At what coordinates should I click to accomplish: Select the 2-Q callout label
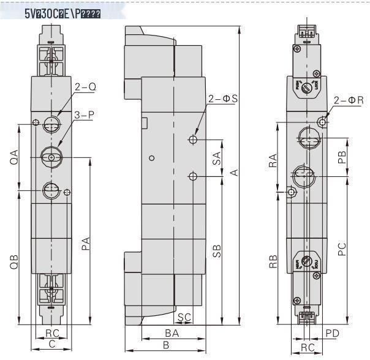point(85,87)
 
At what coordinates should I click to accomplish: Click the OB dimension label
point(13,261)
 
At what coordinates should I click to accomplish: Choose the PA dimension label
point(86,244)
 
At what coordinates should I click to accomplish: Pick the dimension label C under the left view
point(52,345)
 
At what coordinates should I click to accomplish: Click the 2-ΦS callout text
point(222,99)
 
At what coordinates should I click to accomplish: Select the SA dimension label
point(216,159)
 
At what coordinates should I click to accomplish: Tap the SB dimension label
point(216,251)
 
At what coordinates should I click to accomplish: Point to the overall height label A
point(233,173)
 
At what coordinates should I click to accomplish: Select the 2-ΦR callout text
point(347,99)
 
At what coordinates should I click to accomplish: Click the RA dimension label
point(274,162)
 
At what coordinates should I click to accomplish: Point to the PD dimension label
point(332,333)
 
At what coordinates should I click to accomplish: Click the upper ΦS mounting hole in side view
point(194,140)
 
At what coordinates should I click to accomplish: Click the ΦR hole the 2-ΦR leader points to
point(322,122)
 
